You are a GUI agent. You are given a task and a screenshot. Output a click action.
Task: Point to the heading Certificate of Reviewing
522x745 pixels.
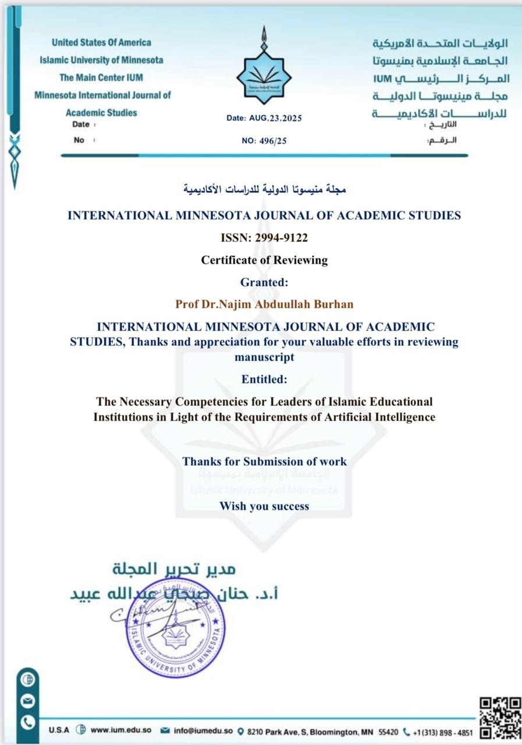[264, 260]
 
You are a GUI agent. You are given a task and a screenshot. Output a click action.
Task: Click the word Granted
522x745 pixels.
[264, 282]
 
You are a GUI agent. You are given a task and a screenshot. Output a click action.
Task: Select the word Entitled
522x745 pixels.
[264, 379]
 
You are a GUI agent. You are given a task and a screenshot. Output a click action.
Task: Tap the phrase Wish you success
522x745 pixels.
[264, 506]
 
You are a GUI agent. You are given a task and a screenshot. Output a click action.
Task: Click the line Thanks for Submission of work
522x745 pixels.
[264, 462]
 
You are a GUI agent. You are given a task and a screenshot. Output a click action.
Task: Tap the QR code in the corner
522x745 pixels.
[500, 717]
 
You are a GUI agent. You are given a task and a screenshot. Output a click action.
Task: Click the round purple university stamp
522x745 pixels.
[175, 628]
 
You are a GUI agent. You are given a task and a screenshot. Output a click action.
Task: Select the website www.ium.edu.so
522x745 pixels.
[121, 730]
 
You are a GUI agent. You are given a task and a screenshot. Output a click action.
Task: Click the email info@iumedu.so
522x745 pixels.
[203, 730]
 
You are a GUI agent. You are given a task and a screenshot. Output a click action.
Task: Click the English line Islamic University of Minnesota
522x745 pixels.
[101, 60]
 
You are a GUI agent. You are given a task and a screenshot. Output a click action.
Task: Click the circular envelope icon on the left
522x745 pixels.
[28, 701]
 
